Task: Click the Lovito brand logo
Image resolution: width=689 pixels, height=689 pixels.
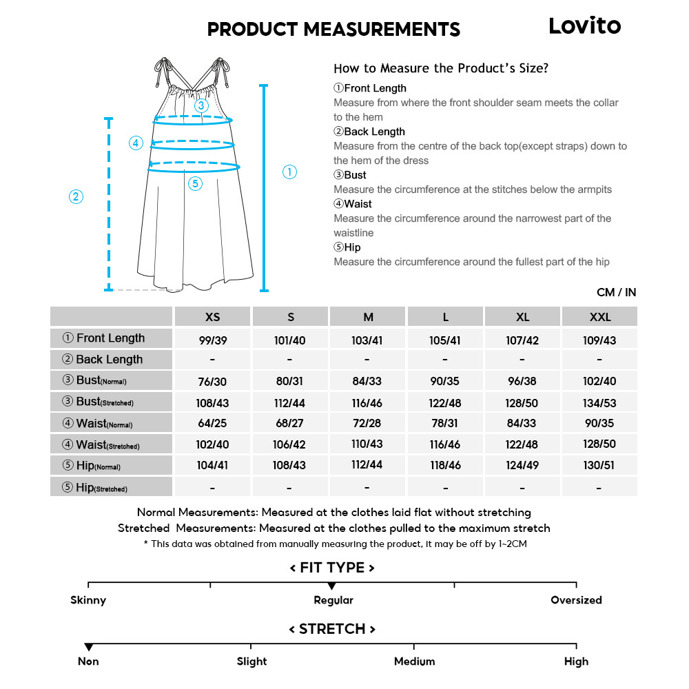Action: tap(584, 26)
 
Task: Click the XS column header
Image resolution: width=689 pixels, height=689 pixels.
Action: tap(213, 317)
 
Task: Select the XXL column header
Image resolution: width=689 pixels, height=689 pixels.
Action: tap(599, 317)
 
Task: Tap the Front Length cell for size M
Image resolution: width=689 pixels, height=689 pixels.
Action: tap(367, 340)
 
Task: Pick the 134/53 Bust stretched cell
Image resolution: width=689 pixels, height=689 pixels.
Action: tap(599, 403)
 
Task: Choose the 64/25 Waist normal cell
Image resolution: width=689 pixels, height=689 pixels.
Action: tap(213, 423)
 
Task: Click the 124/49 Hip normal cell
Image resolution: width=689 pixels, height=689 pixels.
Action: tap(522, 465)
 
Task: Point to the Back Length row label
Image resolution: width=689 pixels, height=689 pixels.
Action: tap(110, 359)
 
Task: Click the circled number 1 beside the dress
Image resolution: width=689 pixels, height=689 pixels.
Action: tap(290, 172)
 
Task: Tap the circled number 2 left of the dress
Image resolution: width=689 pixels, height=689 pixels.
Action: tap(76, 196)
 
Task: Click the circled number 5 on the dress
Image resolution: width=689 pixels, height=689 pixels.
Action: tap(195, 183)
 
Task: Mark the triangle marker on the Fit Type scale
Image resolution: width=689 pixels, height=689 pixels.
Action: tap(331, 586)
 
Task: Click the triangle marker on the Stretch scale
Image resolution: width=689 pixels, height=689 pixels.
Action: tap(88, 648)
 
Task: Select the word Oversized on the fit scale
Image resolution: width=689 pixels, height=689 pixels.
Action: tap(576, 600)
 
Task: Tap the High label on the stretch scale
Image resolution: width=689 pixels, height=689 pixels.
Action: tap(576, 661)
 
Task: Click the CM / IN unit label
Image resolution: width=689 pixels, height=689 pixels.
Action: tap(616, 292)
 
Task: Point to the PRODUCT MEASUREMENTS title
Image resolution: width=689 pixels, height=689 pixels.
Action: tap(333, 29)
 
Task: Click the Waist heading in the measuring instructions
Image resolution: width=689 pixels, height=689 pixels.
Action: tap(357, 204)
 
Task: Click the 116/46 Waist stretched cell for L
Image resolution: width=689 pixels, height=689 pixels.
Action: tap(445, 444)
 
